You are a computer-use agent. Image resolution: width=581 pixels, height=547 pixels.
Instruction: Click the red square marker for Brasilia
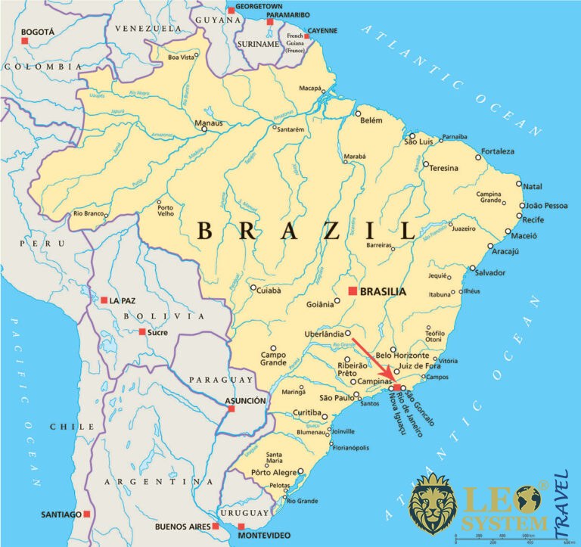click(351, 291)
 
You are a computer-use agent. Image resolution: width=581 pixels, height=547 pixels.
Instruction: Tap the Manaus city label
click(188, 123)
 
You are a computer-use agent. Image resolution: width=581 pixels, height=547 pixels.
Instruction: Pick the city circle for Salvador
click(474, 268)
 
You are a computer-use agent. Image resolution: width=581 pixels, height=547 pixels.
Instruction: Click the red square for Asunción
click(231, 409)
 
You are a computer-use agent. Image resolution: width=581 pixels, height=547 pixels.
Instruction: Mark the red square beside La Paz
click(104, 300)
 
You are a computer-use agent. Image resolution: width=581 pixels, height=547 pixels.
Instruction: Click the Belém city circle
click(359, 113)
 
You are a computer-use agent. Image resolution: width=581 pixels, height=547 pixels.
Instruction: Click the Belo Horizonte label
click(402, 356)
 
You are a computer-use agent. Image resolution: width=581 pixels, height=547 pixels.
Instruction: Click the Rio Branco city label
click(88, 215)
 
